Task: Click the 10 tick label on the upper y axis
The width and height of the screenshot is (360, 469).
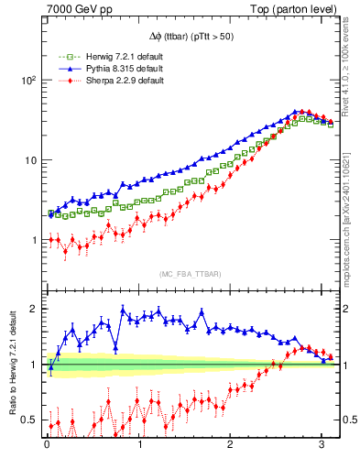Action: click(x=29, y=160)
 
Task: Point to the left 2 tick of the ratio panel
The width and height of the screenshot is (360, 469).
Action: click(x=35, y=309)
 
